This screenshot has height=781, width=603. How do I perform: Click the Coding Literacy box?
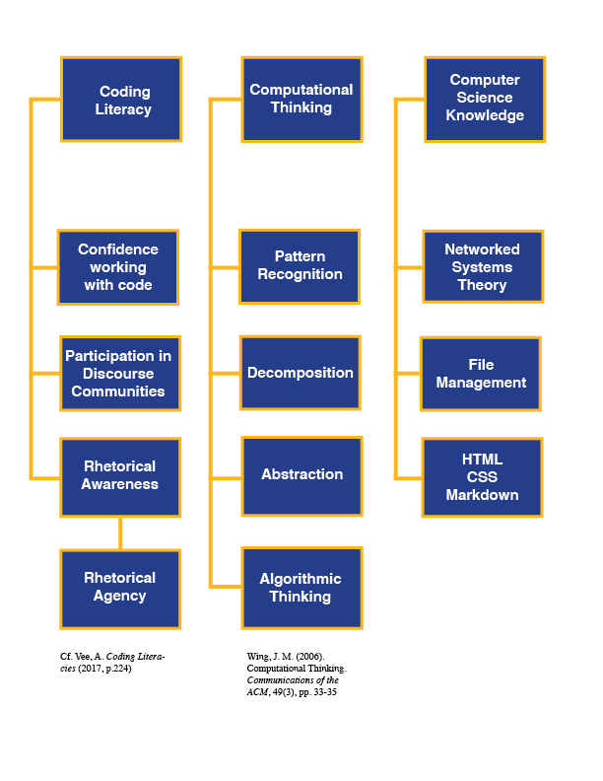(x=121, y=99)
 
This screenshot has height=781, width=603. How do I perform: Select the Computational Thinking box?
(x=301, y=99)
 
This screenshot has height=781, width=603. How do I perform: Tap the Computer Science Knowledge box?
(x=484, y=99)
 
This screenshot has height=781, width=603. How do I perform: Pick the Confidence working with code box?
(x=118, y=267)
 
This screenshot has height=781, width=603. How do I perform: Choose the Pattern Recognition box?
(x=300, y=266)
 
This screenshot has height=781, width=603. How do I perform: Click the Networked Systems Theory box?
(x=482, y=266)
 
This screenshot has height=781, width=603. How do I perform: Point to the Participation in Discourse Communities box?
(x=119, y=373)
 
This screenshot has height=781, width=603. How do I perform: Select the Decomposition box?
(x=301, y=373)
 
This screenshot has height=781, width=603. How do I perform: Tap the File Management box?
(x=481, y=374)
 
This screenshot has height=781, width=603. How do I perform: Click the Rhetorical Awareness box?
(x=119, y=476)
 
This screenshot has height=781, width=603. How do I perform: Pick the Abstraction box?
(x=301, y=475)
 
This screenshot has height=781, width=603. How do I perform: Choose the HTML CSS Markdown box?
(x=482, y=477)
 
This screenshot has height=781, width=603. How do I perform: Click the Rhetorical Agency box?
(x=120, y=589)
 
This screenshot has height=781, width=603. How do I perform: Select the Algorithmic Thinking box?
(x=301, y=588)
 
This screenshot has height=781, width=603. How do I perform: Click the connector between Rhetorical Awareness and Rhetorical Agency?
(x=120, y=533)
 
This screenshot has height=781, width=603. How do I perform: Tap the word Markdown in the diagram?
(x=482, y=495)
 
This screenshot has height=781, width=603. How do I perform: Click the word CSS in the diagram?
(x=482, y=477)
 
